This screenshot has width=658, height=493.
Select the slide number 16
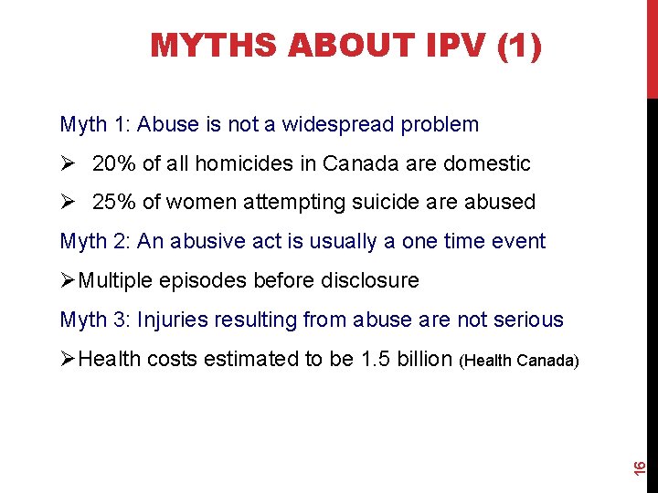(x=641, y=467)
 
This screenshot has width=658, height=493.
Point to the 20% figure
(x=114, y=163)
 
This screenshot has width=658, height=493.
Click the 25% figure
(x=114, y=202)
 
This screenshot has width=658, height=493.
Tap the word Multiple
(x=113, y=280)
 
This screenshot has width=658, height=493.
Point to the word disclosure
(x=368, y=280)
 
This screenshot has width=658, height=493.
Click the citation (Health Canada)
(x=521, y=361)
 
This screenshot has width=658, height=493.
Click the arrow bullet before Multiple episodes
(x=68, y=280)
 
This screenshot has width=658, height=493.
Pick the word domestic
(x=487, y=163)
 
